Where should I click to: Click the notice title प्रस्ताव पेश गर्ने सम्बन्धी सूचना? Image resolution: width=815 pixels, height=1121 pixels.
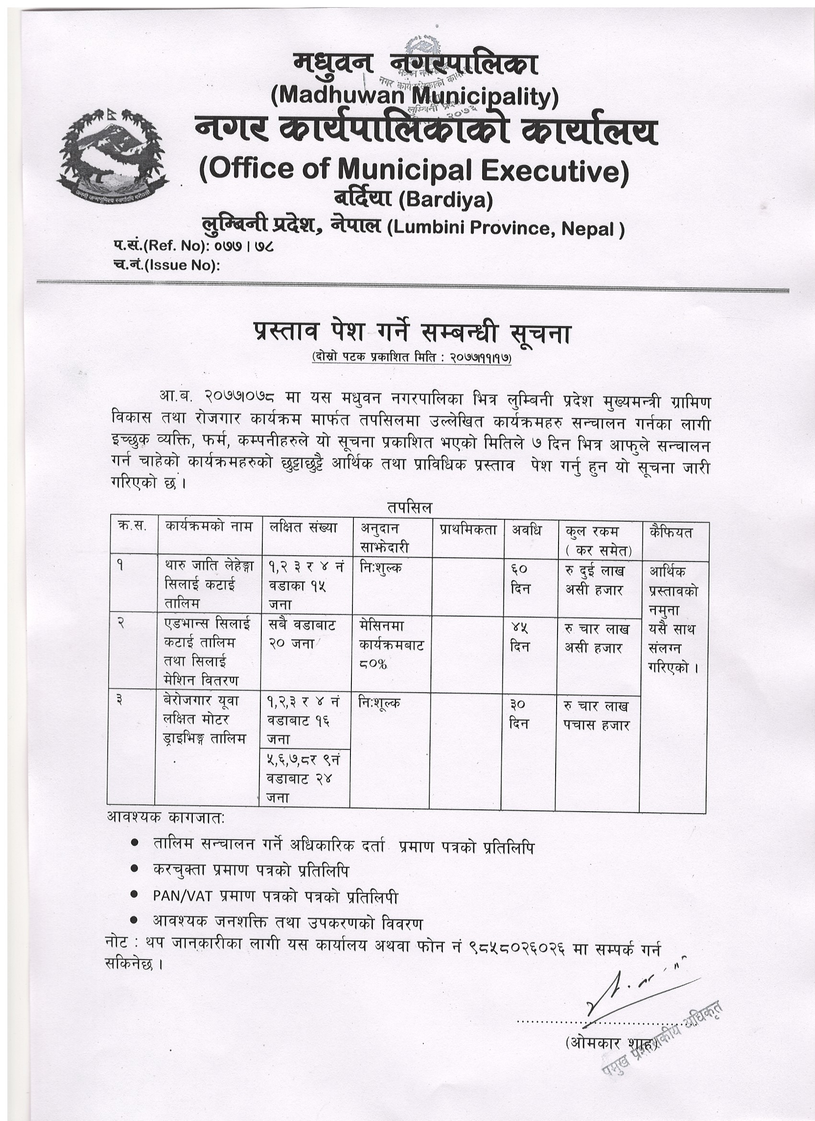(x=411, y=335)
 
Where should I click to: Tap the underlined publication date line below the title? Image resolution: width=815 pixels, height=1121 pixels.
(x=411, y=357)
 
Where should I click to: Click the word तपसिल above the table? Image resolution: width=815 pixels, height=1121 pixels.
(x=410, y=508)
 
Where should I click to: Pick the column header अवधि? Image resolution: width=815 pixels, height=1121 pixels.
(x=526, y=531)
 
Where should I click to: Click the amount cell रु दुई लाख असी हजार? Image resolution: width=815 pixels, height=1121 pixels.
(x=594, y=580)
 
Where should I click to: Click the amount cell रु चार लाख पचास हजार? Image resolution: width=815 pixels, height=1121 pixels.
(x=596, y=716)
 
